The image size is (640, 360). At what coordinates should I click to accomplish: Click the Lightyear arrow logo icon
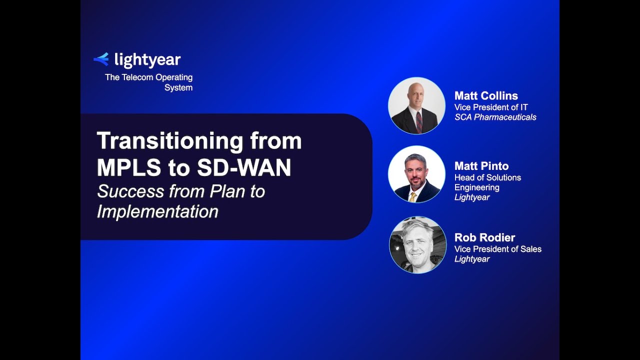pyautogui.click(x=101, y=59)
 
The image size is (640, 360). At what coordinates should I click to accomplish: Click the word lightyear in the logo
pyautogui.click(x=147, y=60)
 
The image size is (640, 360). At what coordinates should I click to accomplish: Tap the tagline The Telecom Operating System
pyautogui.click(x=149, y=82)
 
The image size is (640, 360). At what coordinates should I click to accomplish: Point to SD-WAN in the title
pyautogui.click(x=243, y=168)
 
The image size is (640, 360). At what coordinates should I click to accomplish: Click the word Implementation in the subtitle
pyautogui.click(x=157, y=211)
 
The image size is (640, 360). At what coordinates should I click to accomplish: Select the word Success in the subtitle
pyautogui.click(x=130, y=191)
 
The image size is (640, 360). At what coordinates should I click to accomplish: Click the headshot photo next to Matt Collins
pyautogui.click(x=416, y=105)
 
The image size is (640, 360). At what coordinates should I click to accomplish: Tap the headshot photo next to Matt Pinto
pyautogui.click(x=416, y=174)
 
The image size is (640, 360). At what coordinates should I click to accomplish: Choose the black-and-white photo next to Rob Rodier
pyautogui.click(x=417, y=245)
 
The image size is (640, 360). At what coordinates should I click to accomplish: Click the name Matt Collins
pyautogui.click(x=486, y=96)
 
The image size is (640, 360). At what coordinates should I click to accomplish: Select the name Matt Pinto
pyautogui.click(x=481, y=166)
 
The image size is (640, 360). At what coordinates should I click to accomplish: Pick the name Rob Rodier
pyautogui.click(x=484, y=237)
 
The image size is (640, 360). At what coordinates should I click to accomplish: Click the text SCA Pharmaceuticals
pyautogui.click(x=495, y=117)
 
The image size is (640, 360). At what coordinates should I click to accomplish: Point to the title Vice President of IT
pyautogui.click(x=491, y=107)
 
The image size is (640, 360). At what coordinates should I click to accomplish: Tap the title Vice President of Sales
pyautogui.click(x=497, y=249)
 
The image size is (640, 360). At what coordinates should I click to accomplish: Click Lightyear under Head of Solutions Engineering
pyautogui.click(x=472, y=197)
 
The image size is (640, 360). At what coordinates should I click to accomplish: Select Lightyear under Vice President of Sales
pyautogui.click(x=472, y=259)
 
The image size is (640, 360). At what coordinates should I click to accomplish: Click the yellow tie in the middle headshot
pyautogui.click(x=413, y=196)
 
